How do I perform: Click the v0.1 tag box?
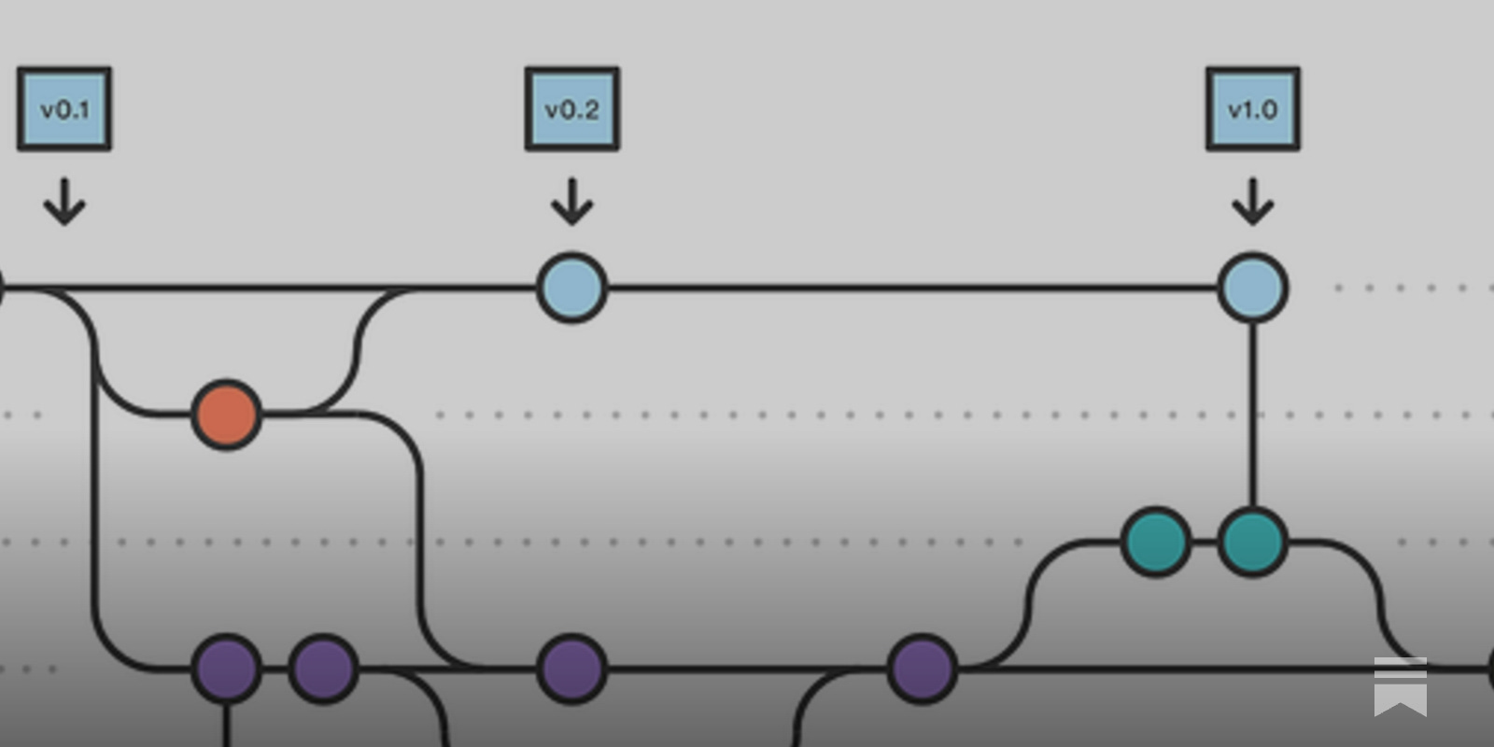(x=64, y=108)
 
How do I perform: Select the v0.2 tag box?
(x=572, y=108)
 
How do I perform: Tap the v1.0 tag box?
(x=1253, y=108)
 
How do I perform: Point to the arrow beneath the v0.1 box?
(x=64, y=202)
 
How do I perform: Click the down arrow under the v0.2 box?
(x=572, y=202)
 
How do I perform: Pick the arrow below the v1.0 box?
(x=1253, y=202)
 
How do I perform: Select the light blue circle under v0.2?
(x=572, y=288)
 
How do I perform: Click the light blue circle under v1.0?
(x=1253, y=288)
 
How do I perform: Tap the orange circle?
(x=226, y=415)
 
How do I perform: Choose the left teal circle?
(x=1156, y=542)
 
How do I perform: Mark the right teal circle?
(x=1253, y=542)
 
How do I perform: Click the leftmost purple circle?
(x=226, y=669)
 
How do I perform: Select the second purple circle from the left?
(x=323, y=669)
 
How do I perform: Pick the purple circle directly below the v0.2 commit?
(x=572, y=669)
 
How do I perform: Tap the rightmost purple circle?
(x=923, y=669)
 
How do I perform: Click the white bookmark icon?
(x=1400, y=686)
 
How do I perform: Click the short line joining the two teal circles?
(x=1205, y=542)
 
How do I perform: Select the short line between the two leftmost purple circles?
(x=275, y=669)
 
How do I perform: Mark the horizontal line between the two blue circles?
(x=910, y=288)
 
